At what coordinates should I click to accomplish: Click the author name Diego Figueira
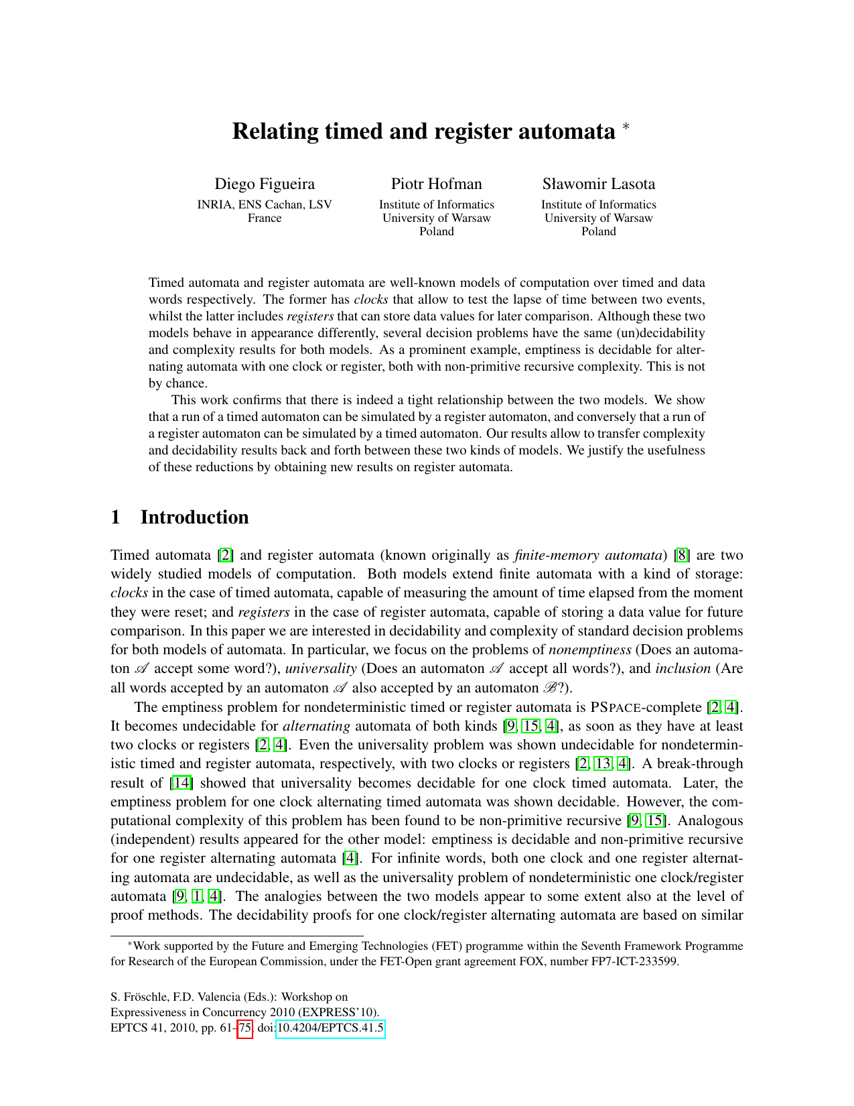point(265,184)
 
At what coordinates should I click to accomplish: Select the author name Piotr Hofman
point(436,184)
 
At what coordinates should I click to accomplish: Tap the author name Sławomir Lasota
point(598,184)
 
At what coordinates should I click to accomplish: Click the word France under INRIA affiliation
point(265,218)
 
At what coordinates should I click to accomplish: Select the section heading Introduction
point(194,517)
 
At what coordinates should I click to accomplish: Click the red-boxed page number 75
point(245,1028)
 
